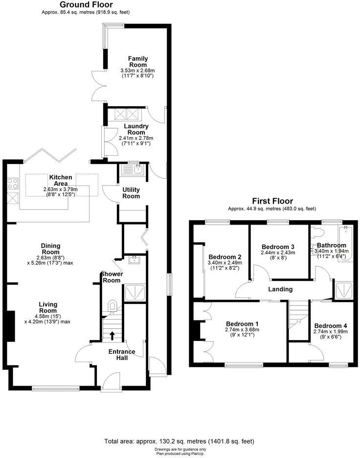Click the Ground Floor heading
click(86, 5)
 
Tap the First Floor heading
click(272, 201)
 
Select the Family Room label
click(138, 62)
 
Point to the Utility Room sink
click(133, 170)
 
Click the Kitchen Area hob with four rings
click(12, 184)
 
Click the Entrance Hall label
click(122, 355)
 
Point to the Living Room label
click(48, 307)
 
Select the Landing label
click(280, 289)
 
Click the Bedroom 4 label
click(331, 326)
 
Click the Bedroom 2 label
click(225, 257)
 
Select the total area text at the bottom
click(180, 441)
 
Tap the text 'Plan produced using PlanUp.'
click(180, 453)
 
